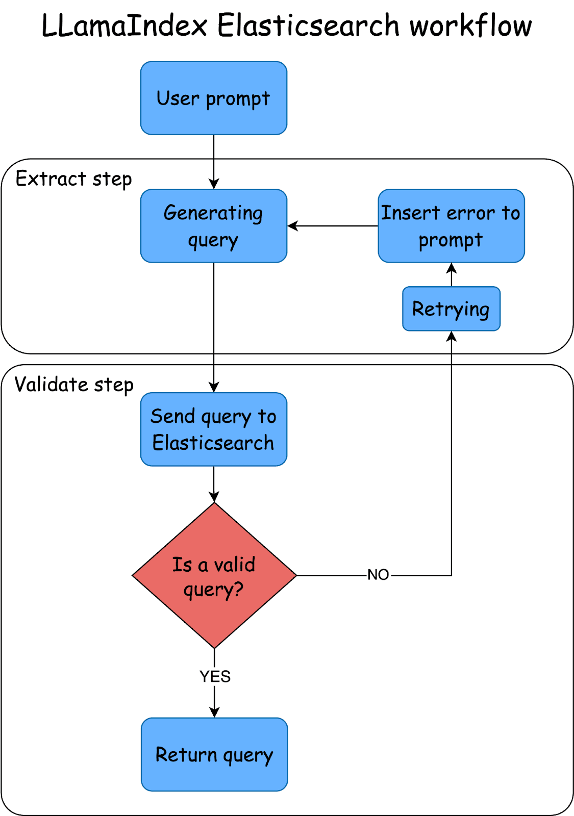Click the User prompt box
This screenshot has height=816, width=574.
tap(214, 98)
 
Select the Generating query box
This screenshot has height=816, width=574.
tap(214, 226)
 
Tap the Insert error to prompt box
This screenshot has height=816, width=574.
tap(451, 226)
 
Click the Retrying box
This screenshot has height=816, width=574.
tap(451, 309)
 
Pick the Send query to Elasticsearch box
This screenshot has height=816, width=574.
tap(214, 429)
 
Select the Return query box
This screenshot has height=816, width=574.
tap(214, 754)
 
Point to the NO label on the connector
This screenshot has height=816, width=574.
tap(378, 575)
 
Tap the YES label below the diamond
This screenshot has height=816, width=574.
tap(215, 676)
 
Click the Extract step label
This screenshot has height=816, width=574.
tap(73, 179)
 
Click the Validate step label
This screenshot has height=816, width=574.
tap(74, 385)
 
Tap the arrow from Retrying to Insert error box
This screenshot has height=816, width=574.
tap(452, 274)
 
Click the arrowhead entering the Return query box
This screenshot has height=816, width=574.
tap(214, 712)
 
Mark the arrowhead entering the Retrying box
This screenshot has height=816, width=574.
tap(452, 336)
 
